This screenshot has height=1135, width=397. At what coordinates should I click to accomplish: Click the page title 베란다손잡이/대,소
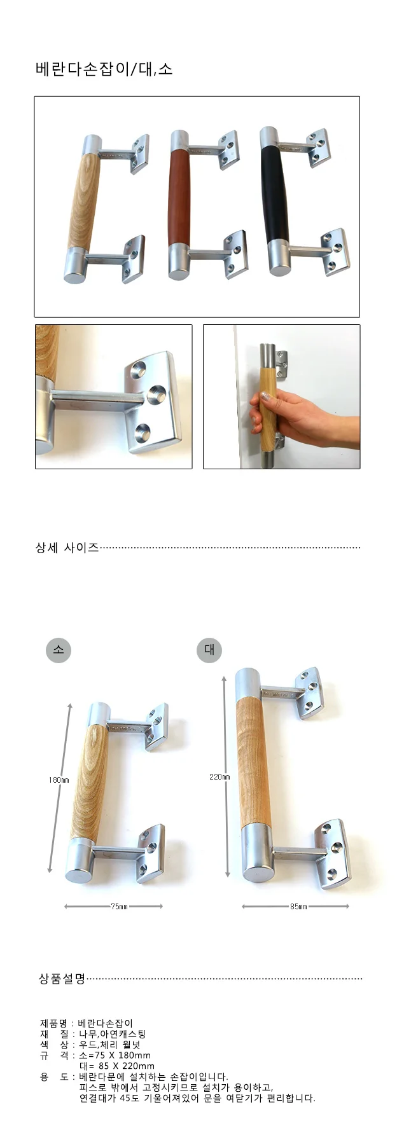pos(104,69)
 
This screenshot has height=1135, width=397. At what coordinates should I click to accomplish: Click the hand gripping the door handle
pos(299,418)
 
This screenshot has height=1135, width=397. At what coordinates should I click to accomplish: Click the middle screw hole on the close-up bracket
pos(154,396)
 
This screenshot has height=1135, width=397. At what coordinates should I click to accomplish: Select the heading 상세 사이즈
pos(67,547)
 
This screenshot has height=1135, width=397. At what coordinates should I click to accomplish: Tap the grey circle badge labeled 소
pos(59,649)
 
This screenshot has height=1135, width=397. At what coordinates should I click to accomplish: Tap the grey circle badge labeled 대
pos(209,649)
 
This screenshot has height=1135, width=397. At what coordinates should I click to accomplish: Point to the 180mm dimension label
pos(59,780)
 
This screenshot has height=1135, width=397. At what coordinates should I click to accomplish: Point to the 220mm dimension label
pos(219,776)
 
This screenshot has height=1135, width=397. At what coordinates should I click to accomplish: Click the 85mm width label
pos(298,906)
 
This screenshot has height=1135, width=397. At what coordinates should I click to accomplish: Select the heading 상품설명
pos(62,979)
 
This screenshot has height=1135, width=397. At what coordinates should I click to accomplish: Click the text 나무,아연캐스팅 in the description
pos(113,1034)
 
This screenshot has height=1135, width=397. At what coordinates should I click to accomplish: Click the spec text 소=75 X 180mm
pos(115,1055)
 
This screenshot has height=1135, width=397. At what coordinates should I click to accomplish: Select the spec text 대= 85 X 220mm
pos(117,1066)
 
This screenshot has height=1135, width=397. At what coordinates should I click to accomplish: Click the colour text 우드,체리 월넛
pos(109,1045)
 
